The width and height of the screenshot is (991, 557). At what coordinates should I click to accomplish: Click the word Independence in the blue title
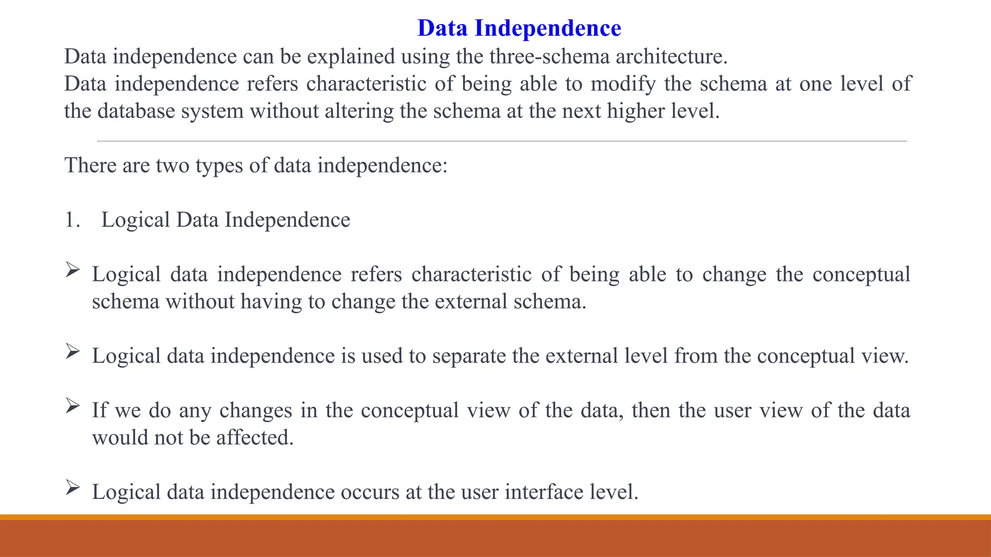(548, 28)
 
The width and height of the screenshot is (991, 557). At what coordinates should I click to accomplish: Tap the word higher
(636, 111)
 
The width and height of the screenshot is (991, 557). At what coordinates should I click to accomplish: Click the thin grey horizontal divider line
(502, 141)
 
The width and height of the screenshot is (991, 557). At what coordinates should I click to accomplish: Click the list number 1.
(72, 220)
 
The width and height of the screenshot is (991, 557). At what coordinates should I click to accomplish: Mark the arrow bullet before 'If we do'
(73, 405)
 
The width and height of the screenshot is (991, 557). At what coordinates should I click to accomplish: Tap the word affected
(255, 438)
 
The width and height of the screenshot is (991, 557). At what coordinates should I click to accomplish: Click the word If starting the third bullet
(99, 410)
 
